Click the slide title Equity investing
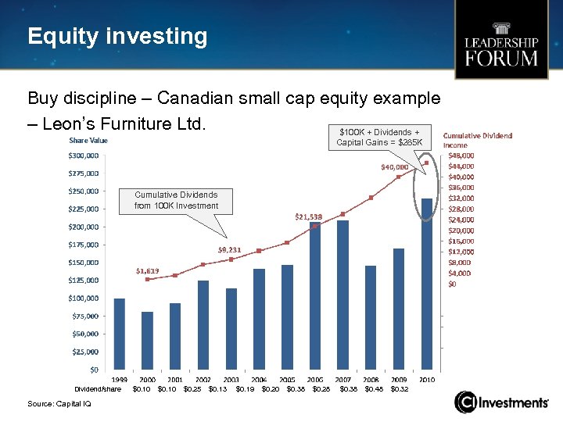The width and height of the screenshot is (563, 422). click(x=117, y=37)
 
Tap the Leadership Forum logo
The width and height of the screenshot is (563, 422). click(x=501, y=50)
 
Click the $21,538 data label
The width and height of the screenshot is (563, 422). click(x=308, y=216)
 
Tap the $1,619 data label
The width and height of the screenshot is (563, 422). click(x=147, y=270)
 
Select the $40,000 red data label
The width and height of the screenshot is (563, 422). click(x=395, y=166)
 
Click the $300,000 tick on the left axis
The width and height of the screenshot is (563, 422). click(x=83, y=156)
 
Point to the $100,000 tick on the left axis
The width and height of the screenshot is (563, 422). click(x=83, y=298)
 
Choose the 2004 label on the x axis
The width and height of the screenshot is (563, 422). click(x=259, y=379)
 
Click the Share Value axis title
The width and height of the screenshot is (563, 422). click(x=88, y=140)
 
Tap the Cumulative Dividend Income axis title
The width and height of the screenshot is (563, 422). click(x=477, y=140)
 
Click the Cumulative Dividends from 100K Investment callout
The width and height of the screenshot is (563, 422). click(x=176, y=200)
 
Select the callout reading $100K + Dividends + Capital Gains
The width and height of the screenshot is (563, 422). click(x=379, y=137)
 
